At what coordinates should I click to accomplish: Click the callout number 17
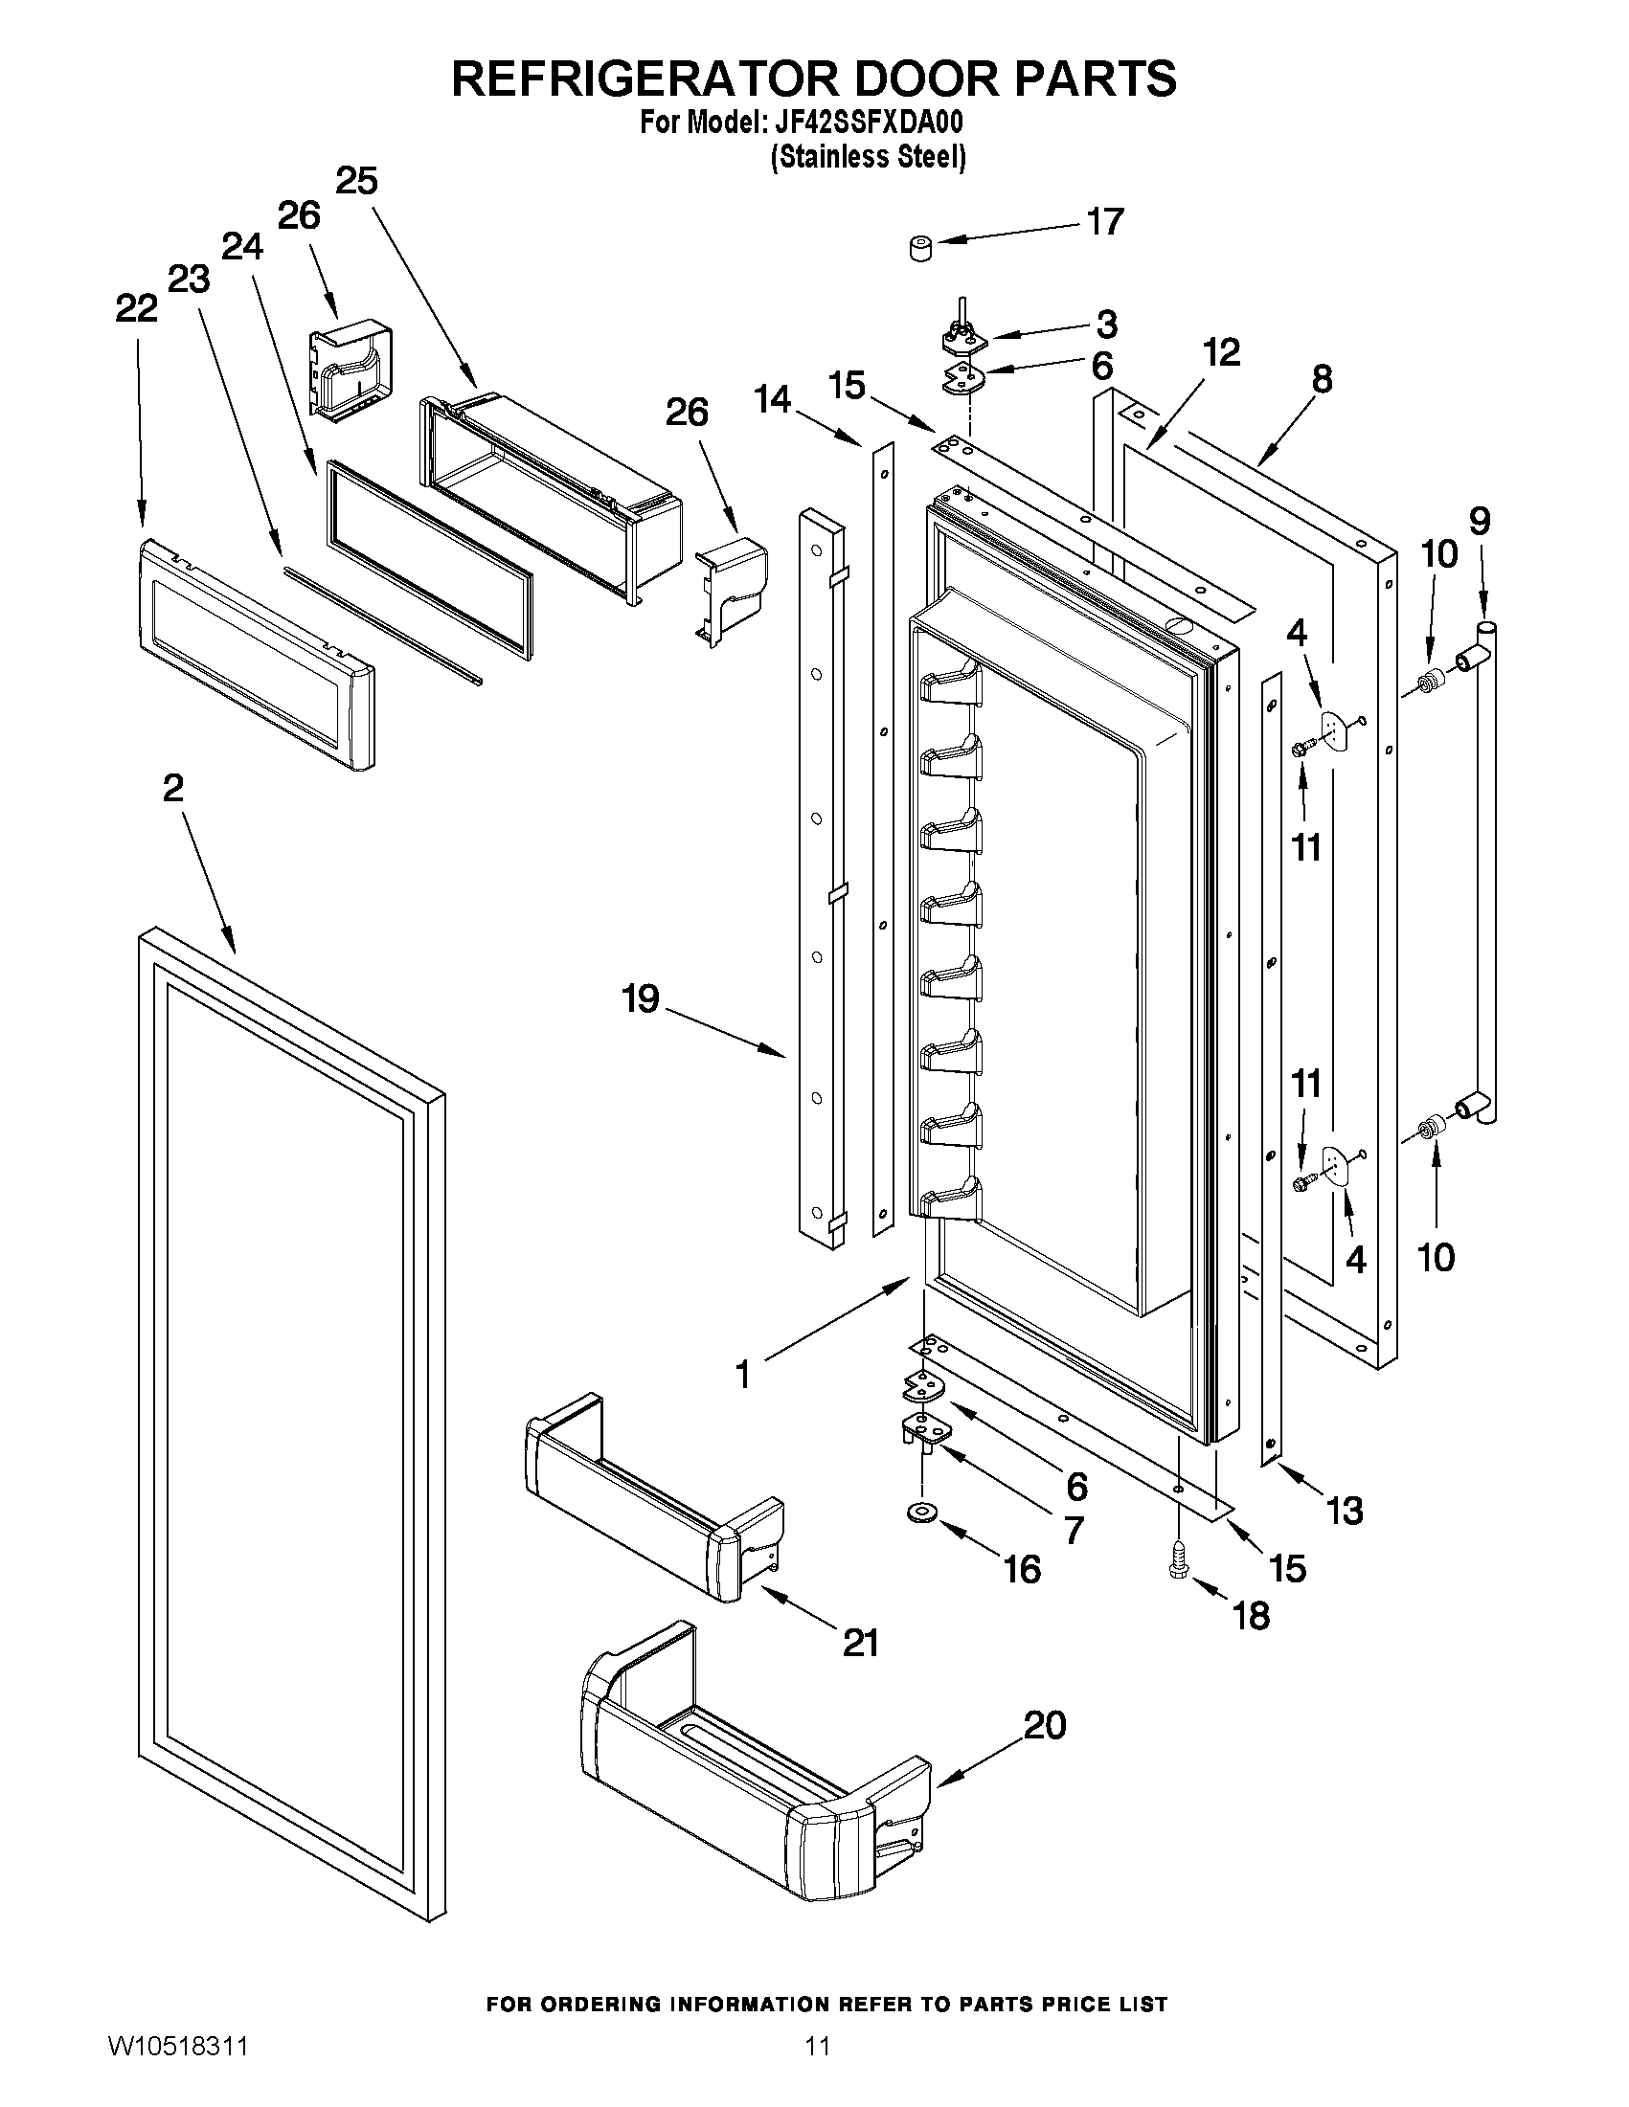tap(1105, 222)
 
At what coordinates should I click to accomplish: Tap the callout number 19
tap(640, 998)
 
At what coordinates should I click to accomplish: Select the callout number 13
tap(1345, 1510)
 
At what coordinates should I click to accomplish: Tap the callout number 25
tap(356, 180)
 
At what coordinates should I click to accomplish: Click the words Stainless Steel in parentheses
tap(868, 156)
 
